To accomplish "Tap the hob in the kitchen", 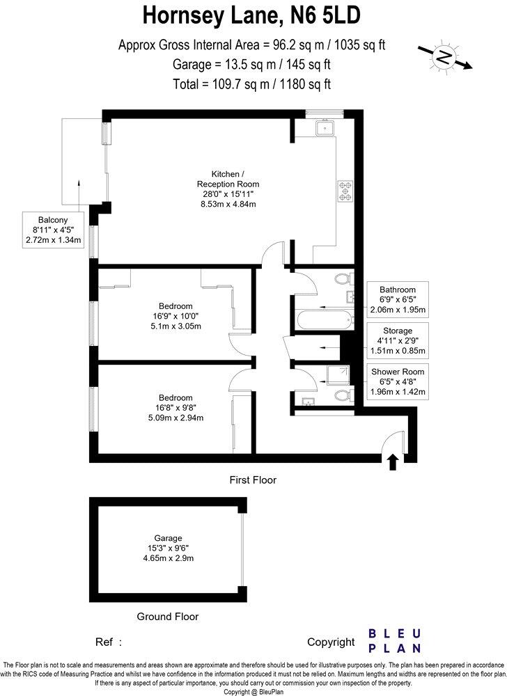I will (346, 191).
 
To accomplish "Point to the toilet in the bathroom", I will (342, 280).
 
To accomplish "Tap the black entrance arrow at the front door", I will (392, 461).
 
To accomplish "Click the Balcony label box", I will (52, 229).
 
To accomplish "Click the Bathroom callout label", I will (398, 300).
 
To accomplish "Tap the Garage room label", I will (169, 548).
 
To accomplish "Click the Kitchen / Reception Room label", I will (224, 189).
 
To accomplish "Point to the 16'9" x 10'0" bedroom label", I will (175, 316).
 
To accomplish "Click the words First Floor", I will (253, 480).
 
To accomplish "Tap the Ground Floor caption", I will (167, 617).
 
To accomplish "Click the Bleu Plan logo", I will (394, 641).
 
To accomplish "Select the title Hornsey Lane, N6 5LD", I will (252, 15).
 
